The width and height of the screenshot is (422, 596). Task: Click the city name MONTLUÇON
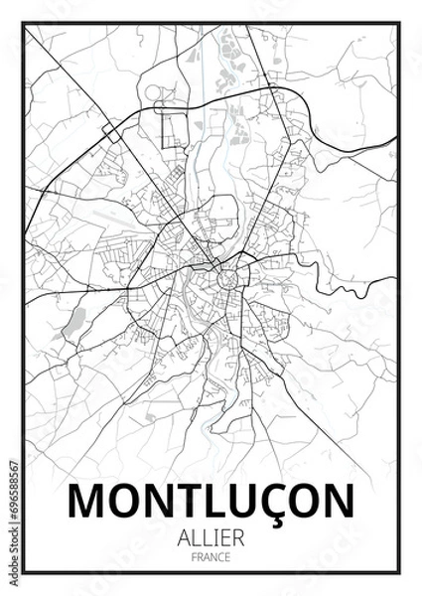(211, 503)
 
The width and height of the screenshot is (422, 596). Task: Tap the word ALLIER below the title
(211, 537)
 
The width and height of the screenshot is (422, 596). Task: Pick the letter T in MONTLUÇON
(188, 503)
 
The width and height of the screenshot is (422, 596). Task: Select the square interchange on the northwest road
(111, 133)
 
